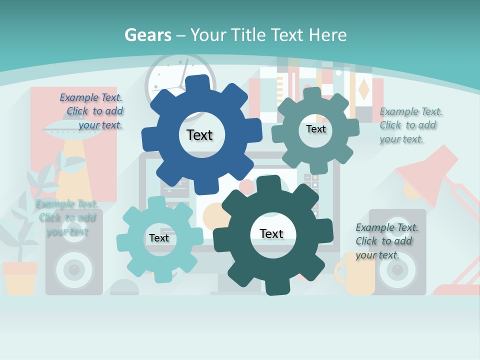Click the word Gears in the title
coord(148,35)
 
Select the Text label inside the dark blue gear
coord(199,135)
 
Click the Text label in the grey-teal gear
coord(315,129)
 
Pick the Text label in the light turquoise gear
coord(159,238)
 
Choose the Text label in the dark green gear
coord(271,233)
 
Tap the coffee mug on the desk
coord(357,275)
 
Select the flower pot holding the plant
coord(20,277)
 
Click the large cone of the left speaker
coord(74,270)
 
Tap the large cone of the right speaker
coord(397,270)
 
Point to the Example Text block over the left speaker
coord(67,217)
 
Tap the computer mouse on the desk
coord(124,288)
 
